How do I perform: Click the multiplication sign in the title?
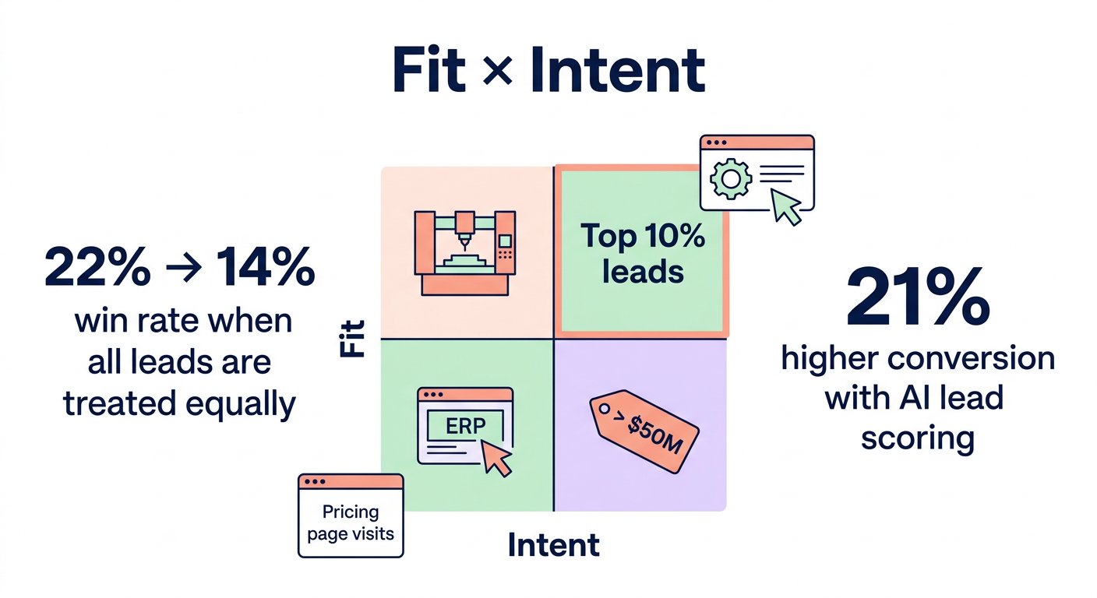coord(498,71)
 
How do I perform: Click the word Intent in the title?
coord(618,69)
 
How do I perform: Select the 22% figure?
coord(97,267)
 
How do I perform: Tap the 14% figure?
coord(265,267)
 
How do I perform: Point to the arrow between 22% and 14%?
coord(184,268)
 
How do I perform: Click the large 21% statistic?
coord(918,297)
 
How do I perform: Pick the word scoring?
coord(918,438)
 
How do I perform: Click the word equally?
coord(241,405)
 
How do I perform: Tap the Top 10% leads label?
coord(643,254)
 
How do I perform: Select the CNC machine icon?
coord(465,253)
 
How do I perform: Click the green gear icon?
coord(731,179)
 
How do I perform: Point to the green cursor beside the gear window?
coord(786,207)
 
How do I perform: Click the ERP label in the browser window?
coord(465,426)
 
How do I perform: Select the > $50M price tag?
coord(644,431)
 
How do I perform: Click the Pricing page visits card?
coord(351,515)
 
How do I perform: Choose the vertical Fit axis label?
coord(353,339)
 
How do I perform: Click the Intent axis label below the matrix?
coord(553,545)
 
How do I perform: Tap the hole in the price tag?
coord(605,409)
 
